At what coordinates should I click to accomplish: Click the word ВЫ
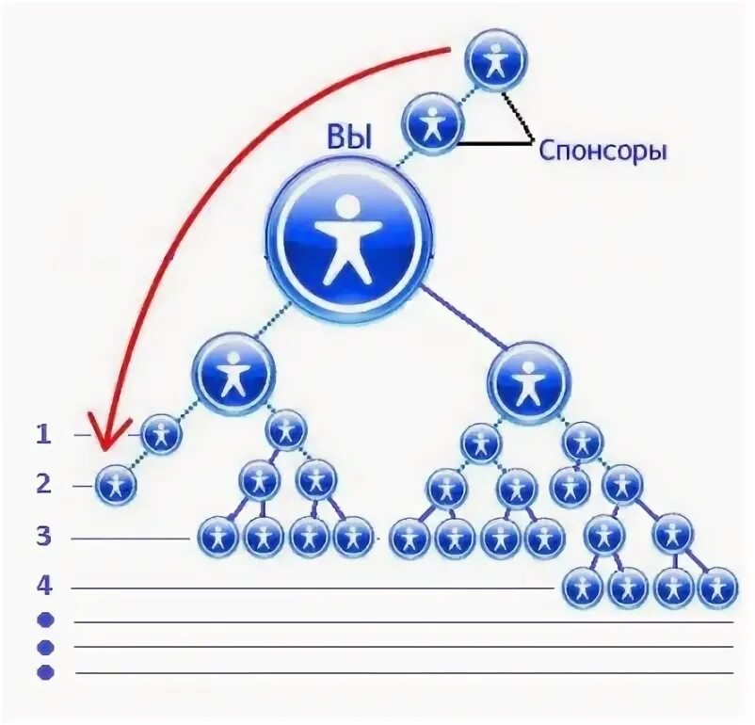349,139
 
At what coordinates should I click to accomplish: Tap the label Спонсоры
602,151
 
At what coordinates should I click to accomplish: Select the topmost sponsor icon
496,60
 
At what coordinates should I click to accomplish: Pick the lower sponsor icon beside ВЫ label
433,123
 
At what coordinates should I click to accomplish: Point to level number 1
42,434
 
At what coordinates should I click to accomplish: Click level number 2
42,485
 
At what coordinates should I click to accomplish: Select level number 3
42,538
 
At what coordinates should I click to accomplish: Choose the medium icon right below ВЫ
529,381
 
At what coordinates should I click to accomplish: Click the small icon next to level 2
117,486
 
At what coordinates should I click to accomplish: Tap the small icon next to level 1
162,435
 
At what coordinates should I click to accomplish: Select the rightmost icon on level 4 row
717,588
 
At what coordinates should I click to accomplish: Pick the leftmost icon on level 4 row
583,588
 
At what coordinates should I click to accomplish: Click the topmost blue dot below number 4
45,620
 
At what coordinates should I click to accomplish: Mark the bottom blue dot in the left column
45,672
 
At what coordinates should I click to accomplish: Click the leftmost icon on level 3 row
218,538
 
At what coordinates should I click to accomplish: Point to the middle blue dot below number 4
45,647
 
